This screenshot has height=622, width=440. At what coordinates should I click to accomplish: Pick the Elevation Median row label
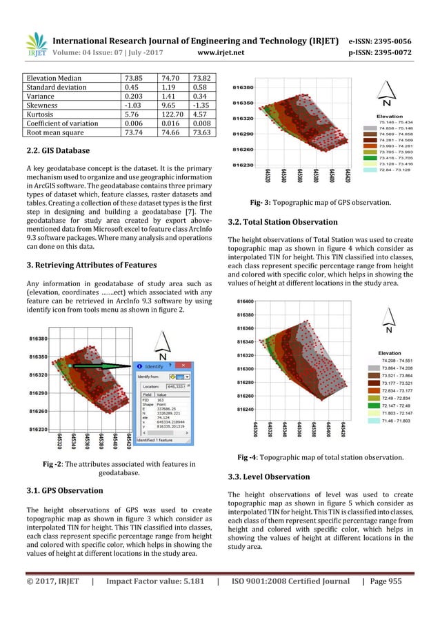(49, 79)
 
